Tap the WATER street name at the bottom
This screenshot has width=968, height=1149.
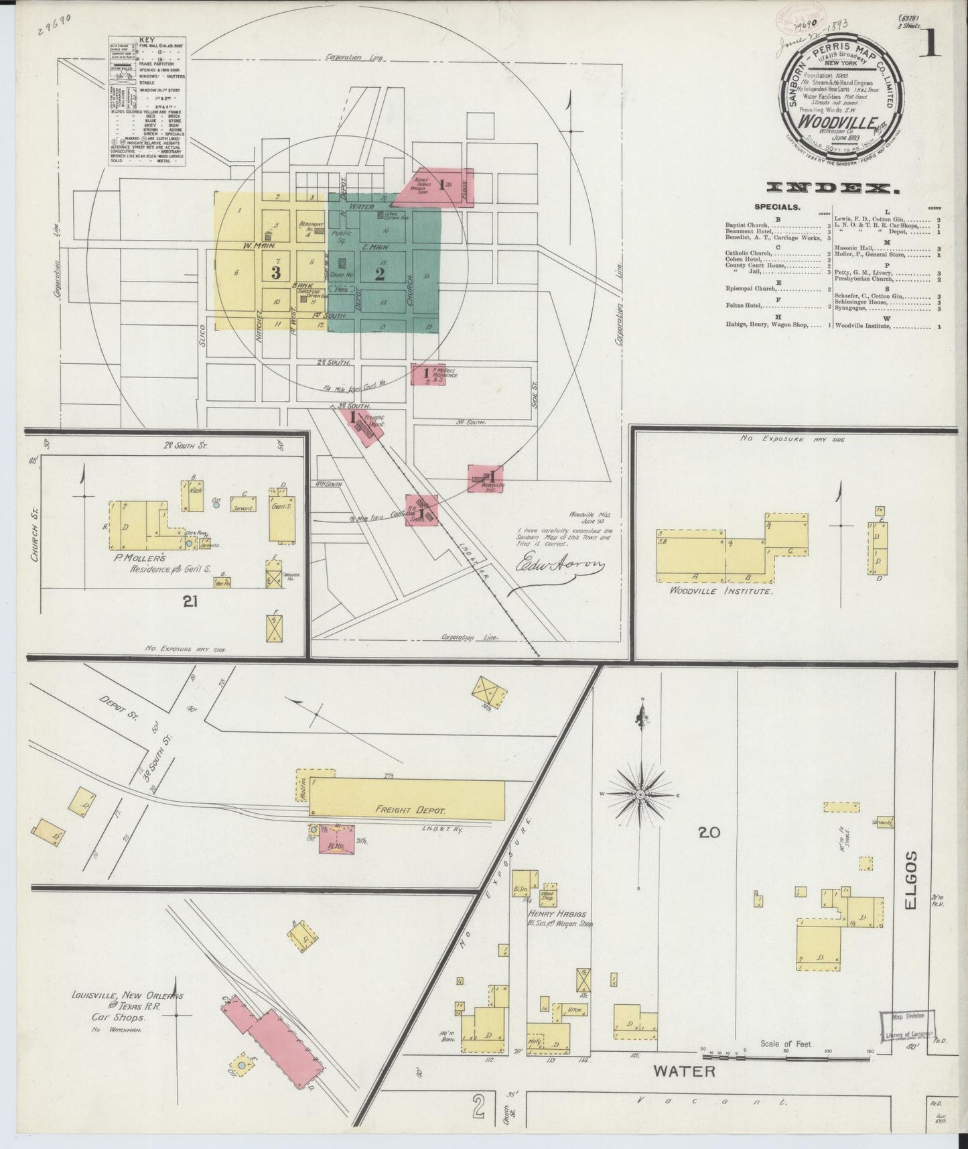(x=685, y=1091)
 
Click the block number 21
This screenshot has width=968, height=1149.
(x=190, y=603)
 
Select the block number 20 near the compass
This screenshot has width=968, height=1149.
(x=709, y=833)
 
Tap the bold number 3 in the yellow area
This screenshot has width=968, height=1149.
(x=275, y=272)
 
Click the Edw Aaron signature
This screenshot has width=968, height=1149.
(x=559, y=569)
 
